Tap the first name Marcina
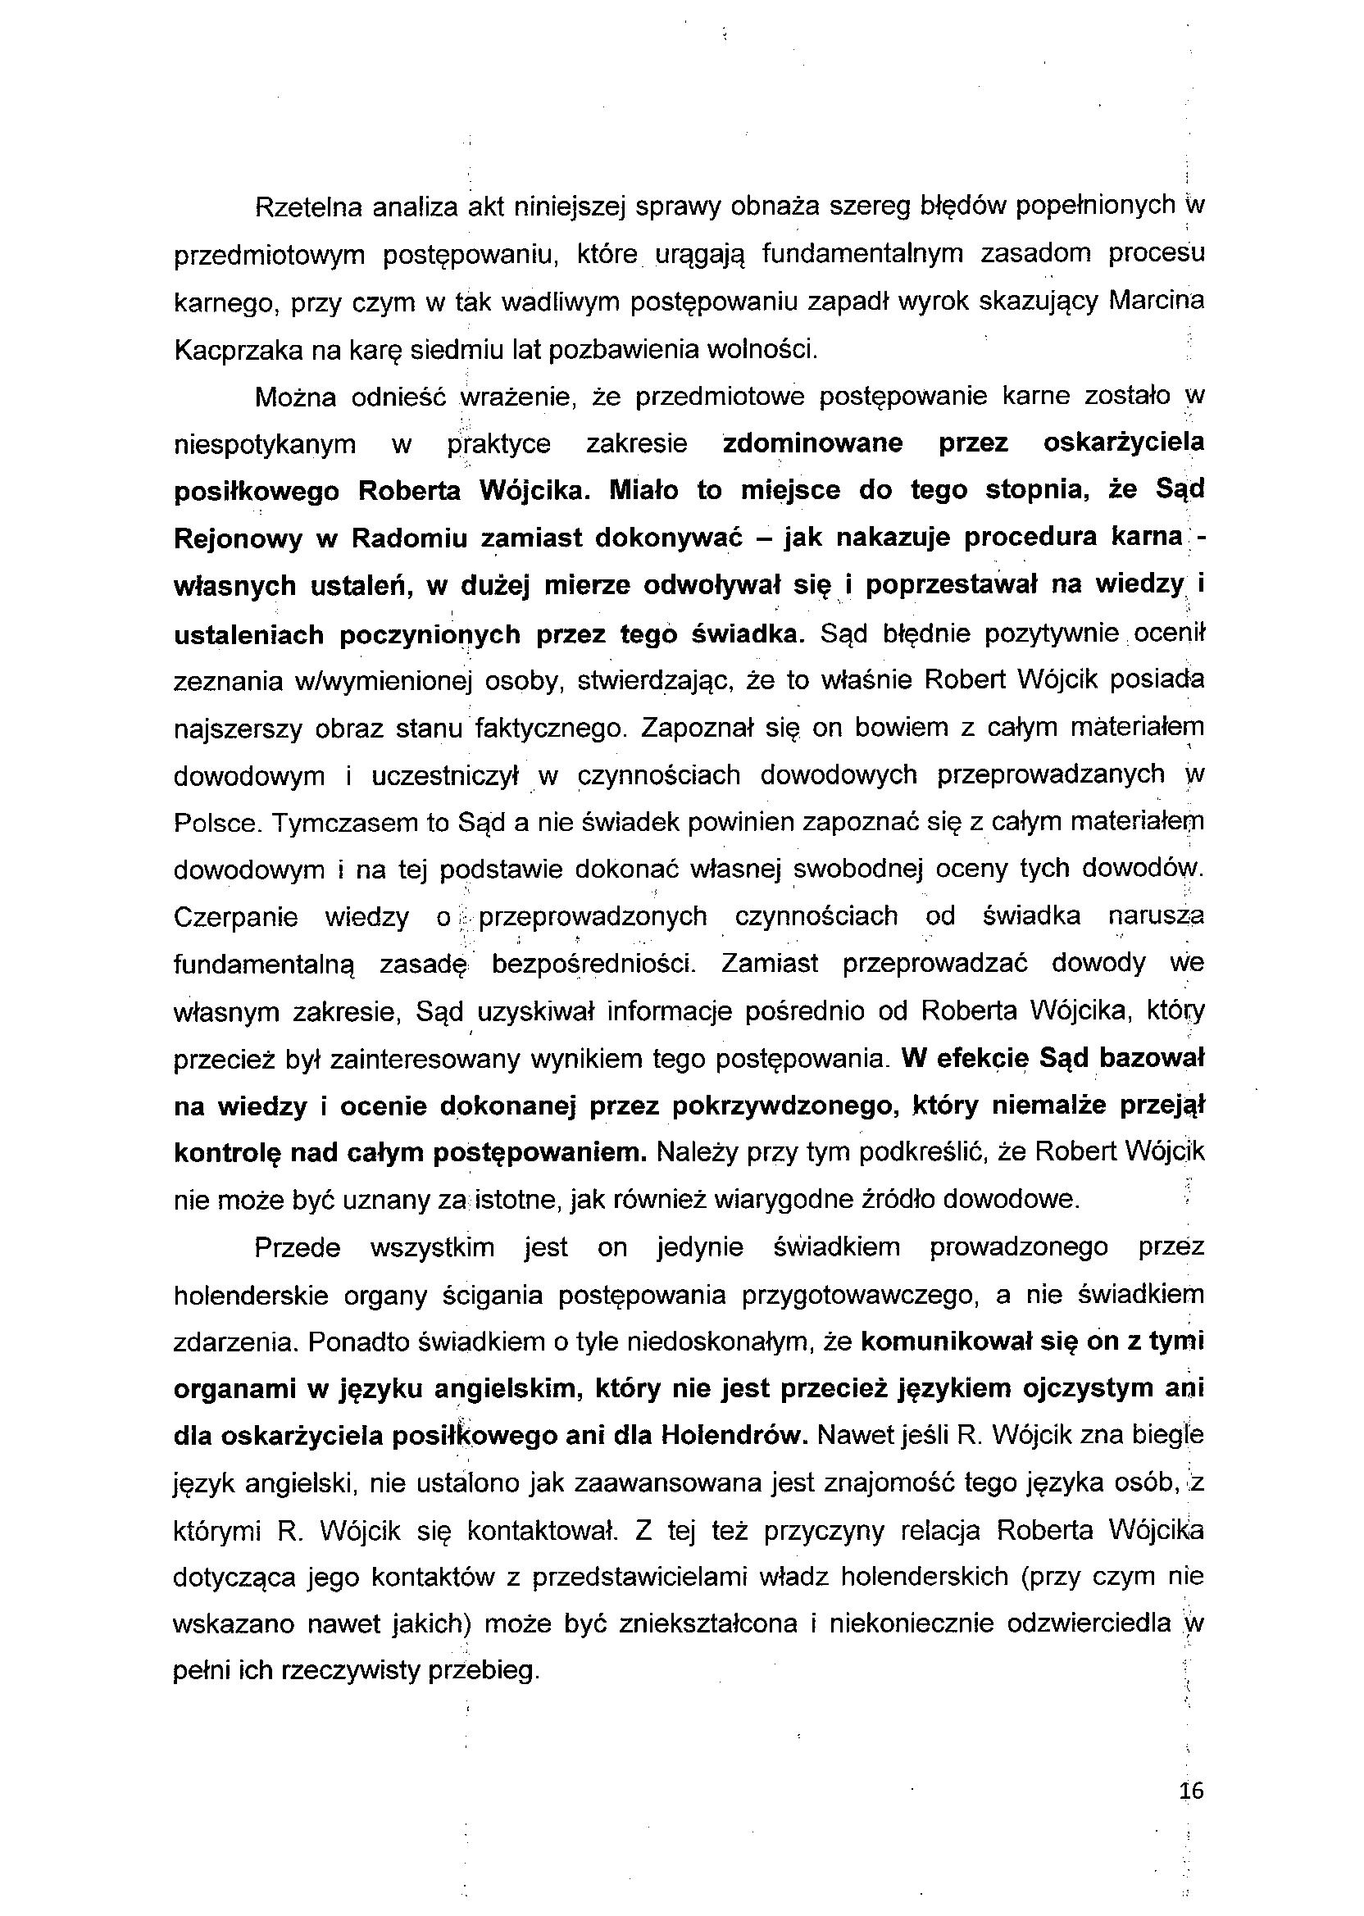point(1157,302)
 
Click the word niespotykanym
point(265,443)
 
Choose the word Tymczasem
point(352,823)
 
